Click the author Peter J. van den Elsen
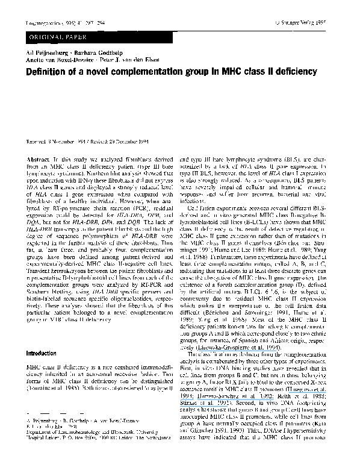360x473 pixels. coord(131,61)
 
